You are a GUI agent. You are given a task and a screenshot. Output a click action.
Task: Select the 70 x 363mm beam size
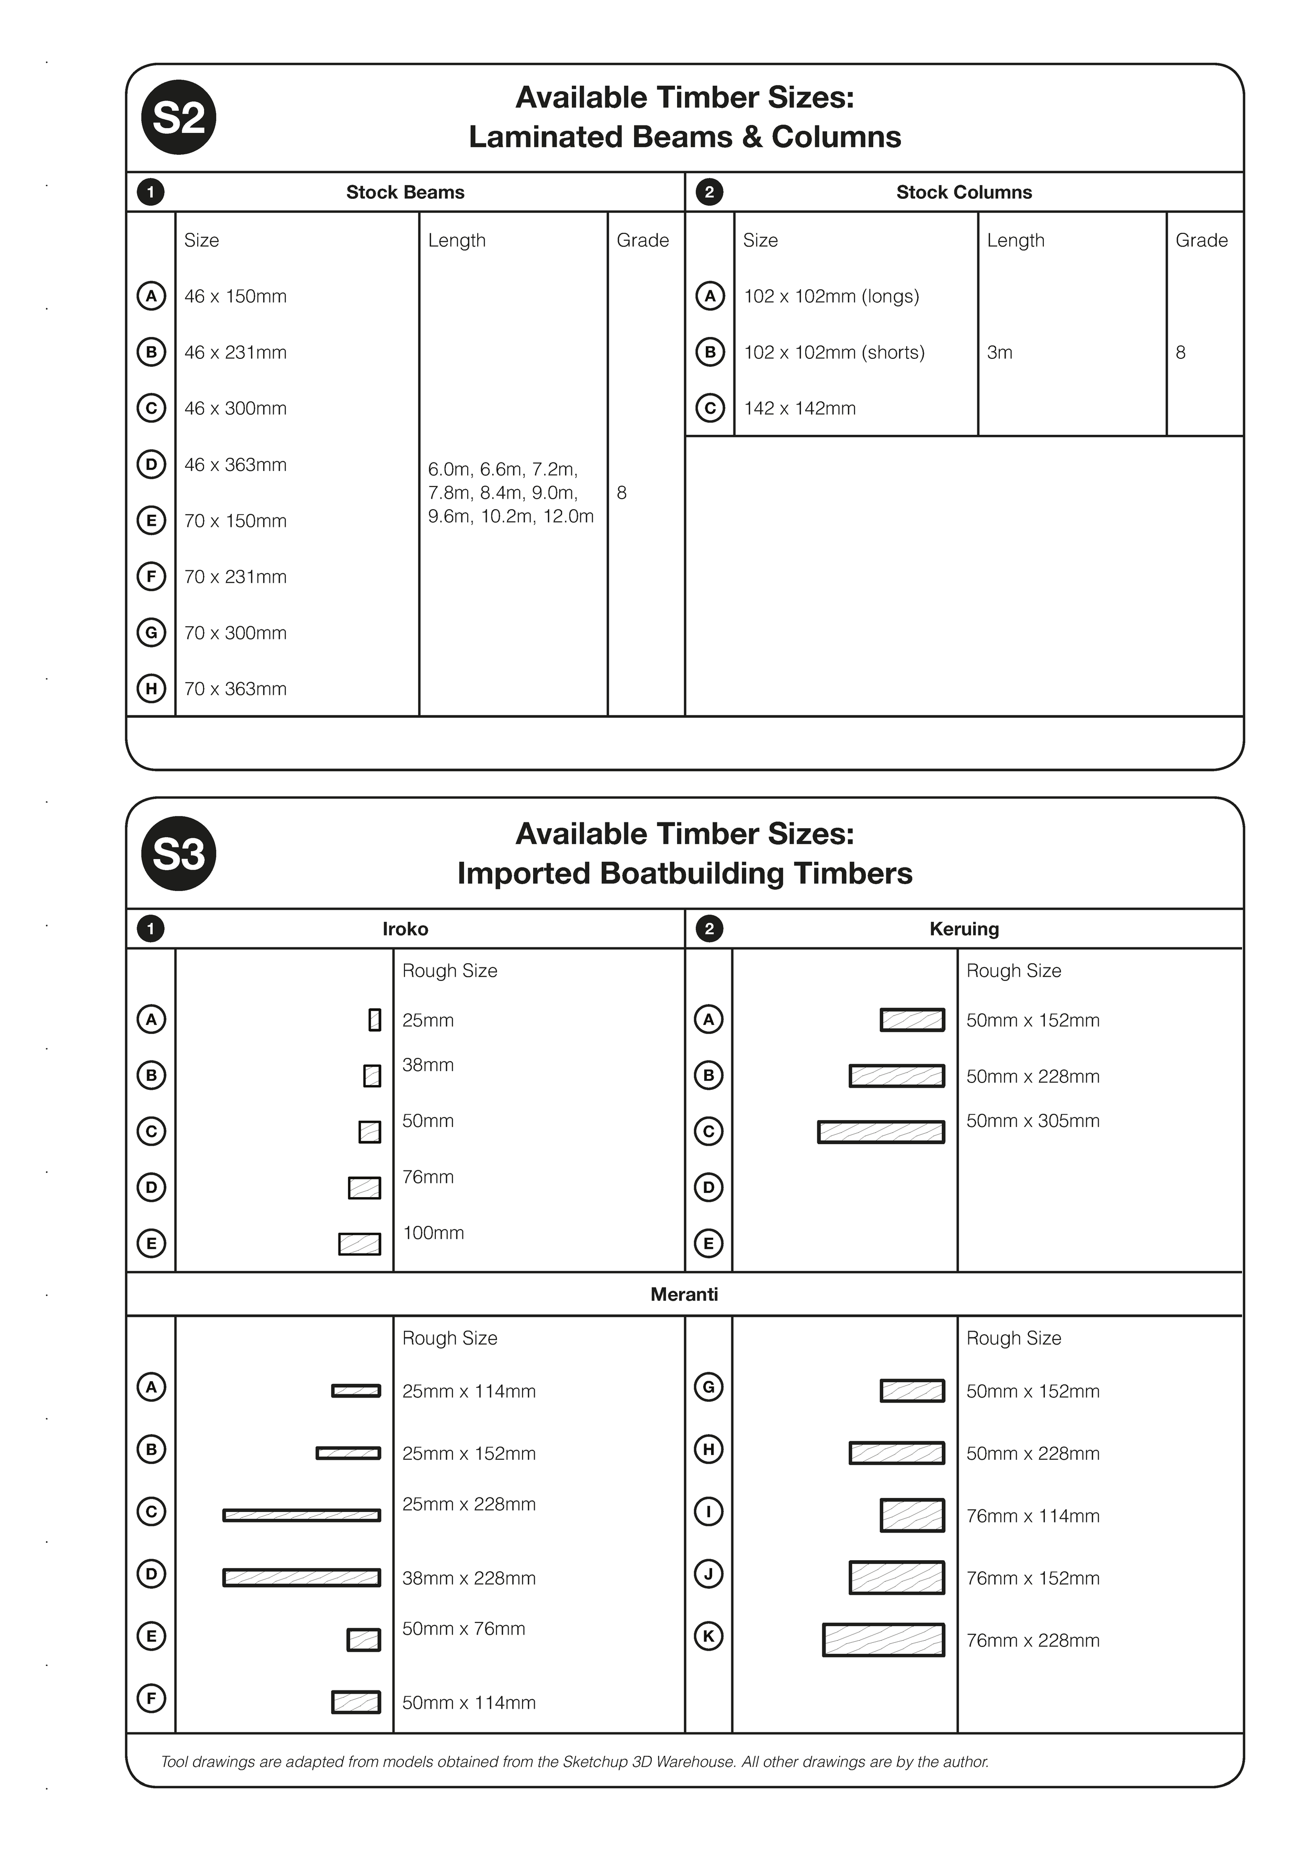(235, 689)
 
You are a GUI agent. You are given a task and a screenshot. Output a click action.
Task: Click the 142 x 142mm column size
(799, 409)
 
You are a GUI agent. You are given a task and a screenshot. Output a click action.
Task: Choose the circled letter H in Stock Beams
(151, 689)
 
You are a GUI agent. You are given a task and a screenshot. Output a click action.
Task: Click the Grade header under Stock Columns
(1201, 240)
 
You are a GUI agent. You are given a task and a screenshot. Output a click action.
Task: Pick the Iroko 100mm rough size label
(433, 1233)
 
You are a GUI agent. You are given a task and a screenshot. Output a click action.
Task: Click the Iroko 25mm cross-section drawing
(374, 1020)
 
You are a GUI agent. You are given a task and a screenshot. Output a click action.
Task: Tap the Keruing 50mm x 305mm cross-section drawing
(881, 1132)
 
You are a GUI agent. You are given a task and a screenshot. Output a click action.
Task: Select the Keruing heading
(964, 929)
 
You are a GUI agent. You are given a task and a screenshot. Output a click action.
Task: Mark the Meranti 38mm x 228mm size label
(468, 1578)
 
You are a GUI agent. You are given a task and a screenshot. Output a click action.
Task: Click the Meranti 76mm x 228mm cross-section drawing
(883, 1640)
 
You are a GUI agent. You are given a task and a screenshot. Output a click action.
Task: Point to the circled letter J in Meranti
(708, 1574)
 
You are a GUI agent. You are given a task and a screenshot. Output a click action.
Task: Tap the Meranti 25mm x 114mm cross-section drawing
(356, 1391)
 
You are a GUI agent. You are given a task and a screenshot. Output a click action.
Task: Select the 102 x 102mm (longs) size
(831, 297)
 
